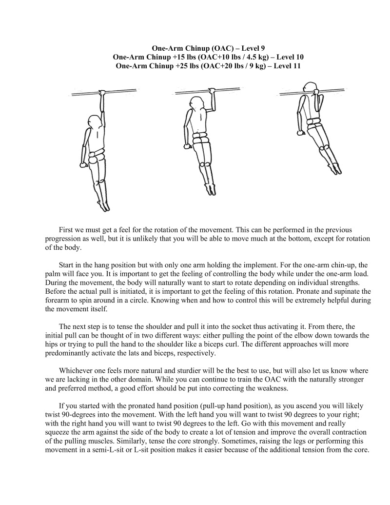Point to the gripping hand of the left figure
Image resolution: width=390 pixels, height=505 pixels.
[x=102, y=92]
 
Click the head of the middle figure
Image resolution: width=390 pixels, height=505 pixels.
[x=196, y=104]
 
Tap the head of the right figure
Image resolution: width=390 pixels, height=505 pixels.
[x=307, y=88]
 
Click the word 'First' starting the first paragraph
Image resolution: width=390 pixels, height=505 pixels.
[x=66, y=229]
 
